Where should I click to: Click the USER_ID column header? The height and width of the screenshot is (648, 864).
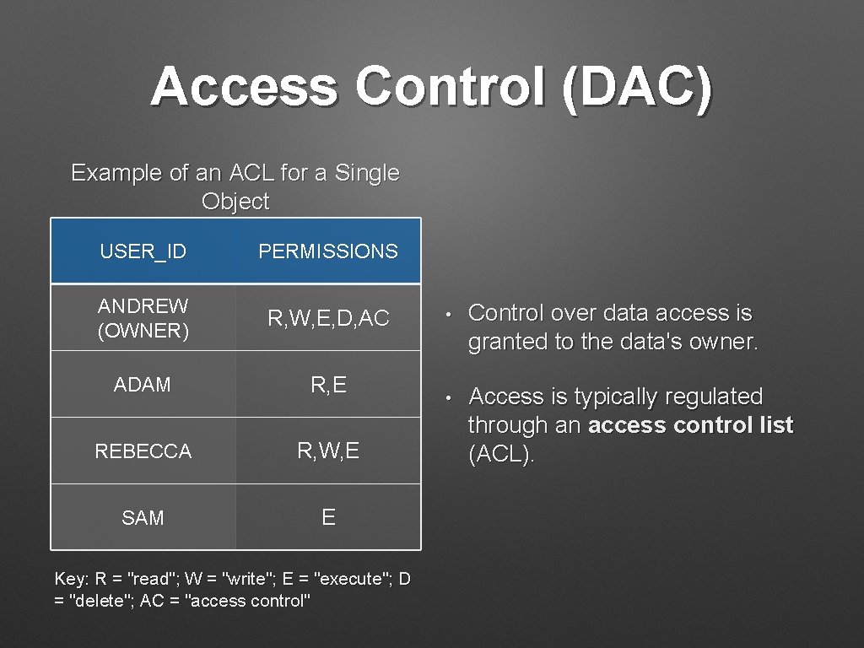(143, 251)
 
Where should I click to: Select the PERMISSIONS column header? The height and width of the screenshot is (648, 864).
(327, 251)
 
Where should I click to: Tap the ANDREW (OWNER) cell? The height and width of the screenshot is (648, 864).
(143, 318)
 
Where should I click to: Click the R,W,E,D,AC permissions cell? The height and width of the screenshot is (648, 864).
(328, 318)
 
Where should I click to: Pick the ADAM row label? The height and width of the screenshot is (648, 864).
(143, 385)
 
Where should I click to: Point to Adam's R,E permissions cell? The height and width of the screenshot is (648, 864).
(328, 385)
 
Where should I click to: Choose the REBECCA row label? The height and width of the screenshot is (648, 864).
(143, 451)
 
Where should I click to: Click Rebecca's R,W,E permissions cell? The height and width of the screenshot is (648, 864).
(328, 451)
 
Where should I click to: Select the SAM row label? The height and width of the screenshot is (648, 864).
(143, 518)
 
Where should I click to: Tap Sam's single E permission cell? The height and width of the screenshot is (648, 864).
(328, 518)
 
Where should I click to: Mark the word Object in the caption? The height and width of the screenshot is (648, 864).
(235, 202)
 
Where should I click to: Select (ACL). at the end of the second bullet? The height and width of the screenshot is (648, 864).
(501, 455)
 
